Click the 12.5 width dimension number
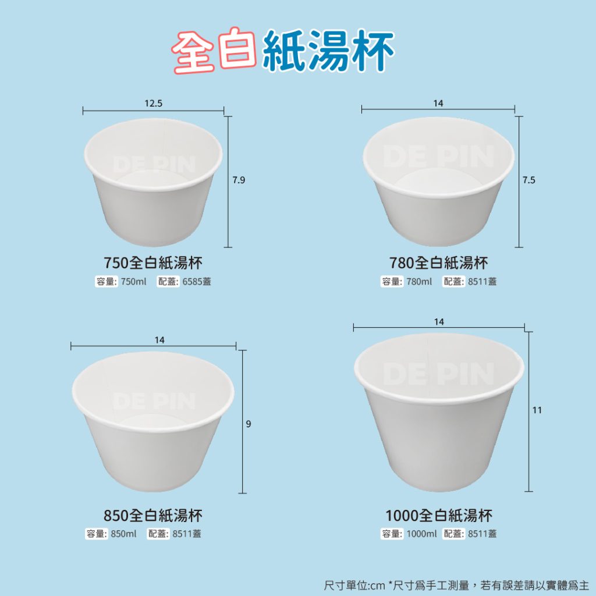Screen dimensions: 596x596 click(153, 104)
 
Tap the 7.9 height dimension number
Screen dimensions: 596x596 click(239, 180)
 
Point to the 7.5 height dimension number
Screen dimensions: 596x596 click(528, 180)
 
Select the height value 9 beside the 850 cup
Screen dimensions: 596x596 click(248, 424)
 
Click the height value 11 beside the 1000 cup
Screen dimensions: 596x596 click(537, 410)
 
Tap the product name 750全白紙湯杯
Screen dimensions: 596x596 click(153, 262)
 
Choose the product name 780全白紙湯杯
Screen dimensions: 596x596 click(439, 262)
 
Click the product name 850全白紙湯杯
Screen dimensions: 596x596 click(153, 516)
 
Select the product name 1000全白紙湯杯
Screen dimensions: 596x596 click(439, 516)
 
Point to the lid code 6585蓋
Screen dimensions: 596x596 click(197, 282)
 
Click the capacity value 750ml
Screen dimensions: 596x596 click(133, 282)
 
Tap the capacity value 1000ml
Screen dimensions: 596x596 click(421, 534)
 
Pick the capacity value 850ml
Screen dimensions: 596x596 click(123, 534)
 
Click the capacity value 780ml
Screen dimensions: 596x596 click(419, 282)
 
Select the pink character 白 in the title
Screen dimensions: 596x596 click(238, 48)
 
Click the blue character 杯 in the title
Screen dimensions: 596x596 click(373, 52)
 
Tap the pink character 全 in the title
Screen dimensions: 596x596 click(193, 52)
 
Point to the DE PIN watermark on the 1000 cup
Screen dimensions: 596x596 click(439, 374)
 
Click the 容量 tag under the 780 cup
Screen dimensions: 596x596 click(392, 282)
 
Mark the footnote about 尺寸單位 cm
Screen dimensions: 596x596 click(456, 585)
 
